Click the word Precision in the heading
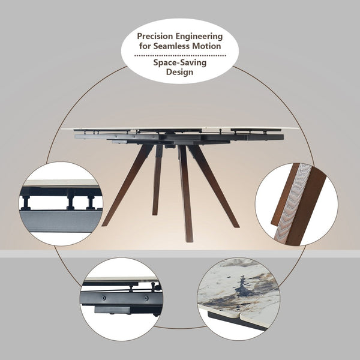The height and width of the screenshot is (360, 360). point(155,36)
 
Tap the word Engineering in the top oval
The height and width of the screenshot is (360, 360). point(199,37)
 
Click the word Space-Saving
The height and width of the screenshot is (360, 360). point(180,62)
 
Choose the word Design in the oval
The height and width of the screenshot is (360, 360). point(179,72)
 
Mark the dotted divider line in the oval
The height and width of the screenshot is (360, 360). point(180,56)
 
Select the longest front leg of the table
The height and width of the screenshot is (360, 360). point(186,194)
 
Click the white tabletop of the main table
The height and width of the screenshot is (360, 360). point(181,128)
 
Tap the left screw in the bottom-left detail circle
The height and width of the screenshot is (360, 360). point(104,298)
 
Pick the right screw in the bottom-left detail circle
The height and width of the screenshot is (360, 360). point(146,298)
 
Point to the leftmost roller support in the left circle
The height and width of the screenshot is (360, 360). point(26,203)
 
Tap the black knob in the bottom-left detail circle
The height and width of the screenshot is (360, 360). point(157,287)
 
